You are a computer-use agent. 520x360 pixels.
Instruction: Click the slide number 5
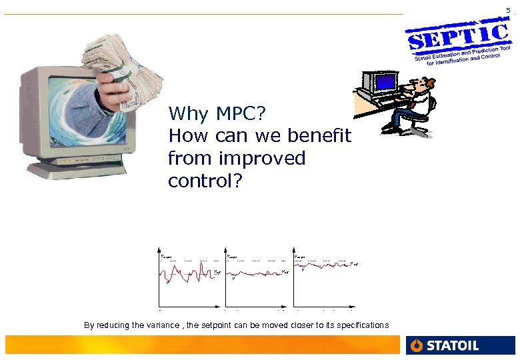(x=509, y=10)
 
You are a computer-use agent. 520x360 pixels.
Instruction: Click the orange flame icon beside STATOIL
(x=417, y=345)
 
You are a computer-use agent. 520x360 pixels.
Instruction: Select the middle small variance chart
(x=256, y=277)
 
